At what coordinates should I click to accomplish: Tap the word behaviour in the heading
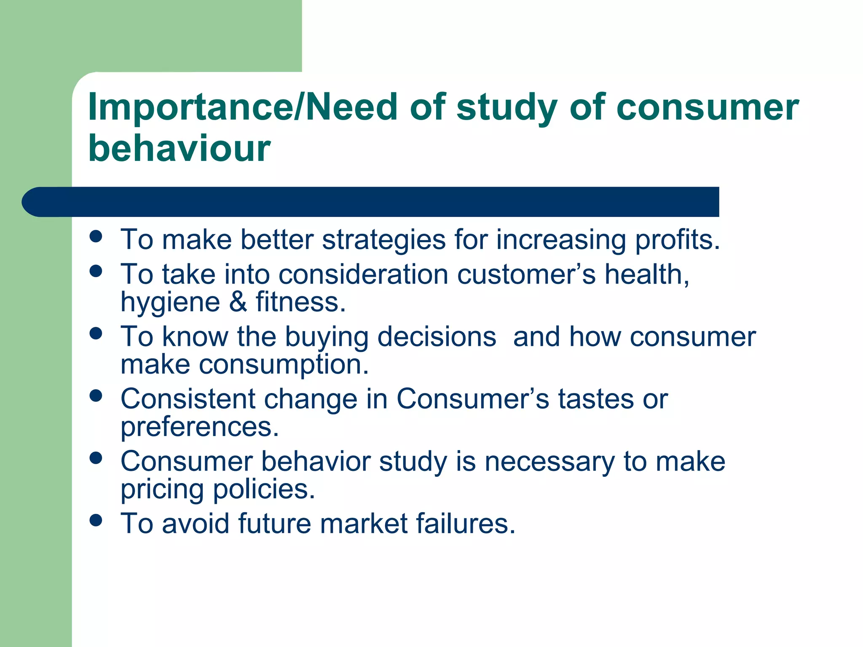tap(179, 148)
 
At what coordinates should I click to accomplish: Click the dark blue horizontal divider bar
tap(371, 202)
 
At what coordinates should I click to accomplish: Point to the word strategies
tap(383, 240)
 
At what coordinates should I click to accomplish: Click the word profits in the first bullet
tap(677, 240)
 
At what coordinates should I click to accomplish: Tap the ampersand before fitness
tap(238, 302)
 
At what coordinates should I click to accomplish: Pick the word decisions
tap(437, 337)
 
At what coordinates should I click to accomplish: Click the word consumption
tap(283, 365)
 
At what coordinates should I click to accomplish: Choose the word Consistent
tap(188, 399)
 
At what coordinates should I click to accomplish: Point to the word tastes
tap(596, 399)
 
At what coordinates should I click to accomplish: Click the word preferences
tap(200, 428)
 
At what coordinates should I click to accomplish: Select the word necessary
tap(549, 462)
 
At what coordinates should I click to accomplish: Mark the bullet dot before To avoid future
tap(96, 520)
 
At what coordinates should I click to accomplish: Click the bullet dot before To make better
tap(96, 236)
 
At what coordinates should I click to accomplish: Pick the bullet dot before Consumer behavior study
tap(96, 458)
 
